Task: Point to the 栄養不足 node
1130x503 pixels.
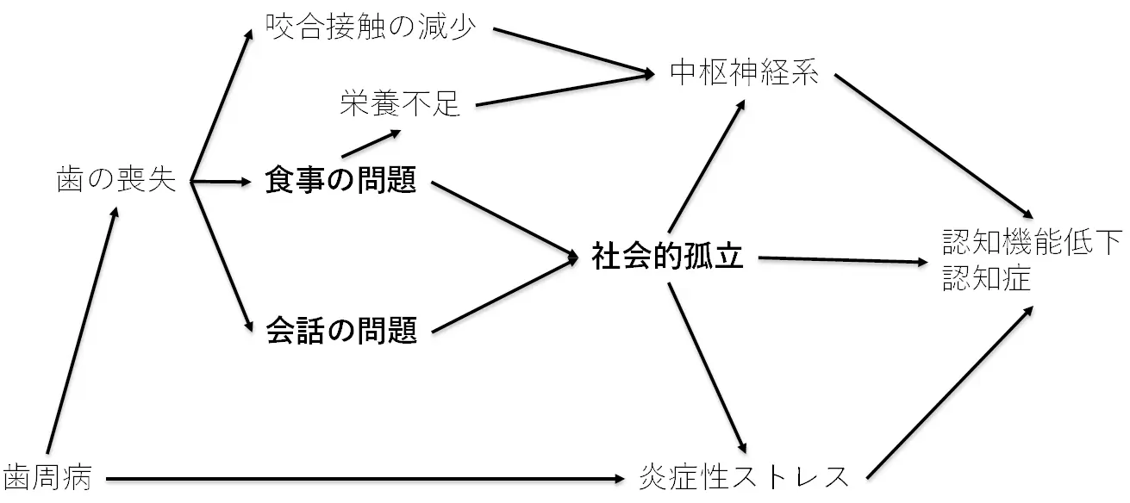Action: click(400, 105)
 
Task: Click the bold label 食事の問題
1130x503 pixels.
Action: click(341, 182)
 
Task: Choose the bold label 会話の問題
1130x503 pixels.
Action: click(341, 330)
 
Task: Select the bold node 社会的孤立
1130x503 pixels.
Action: click(667, 257)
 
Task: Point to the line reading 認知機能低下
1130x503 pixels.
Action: click(1032, 242)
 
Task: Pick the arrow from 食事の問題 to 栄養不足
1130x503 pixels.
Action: click(371, 144)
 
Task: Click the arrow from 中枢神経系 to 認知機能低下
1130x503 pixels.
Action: click(933, 145)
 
